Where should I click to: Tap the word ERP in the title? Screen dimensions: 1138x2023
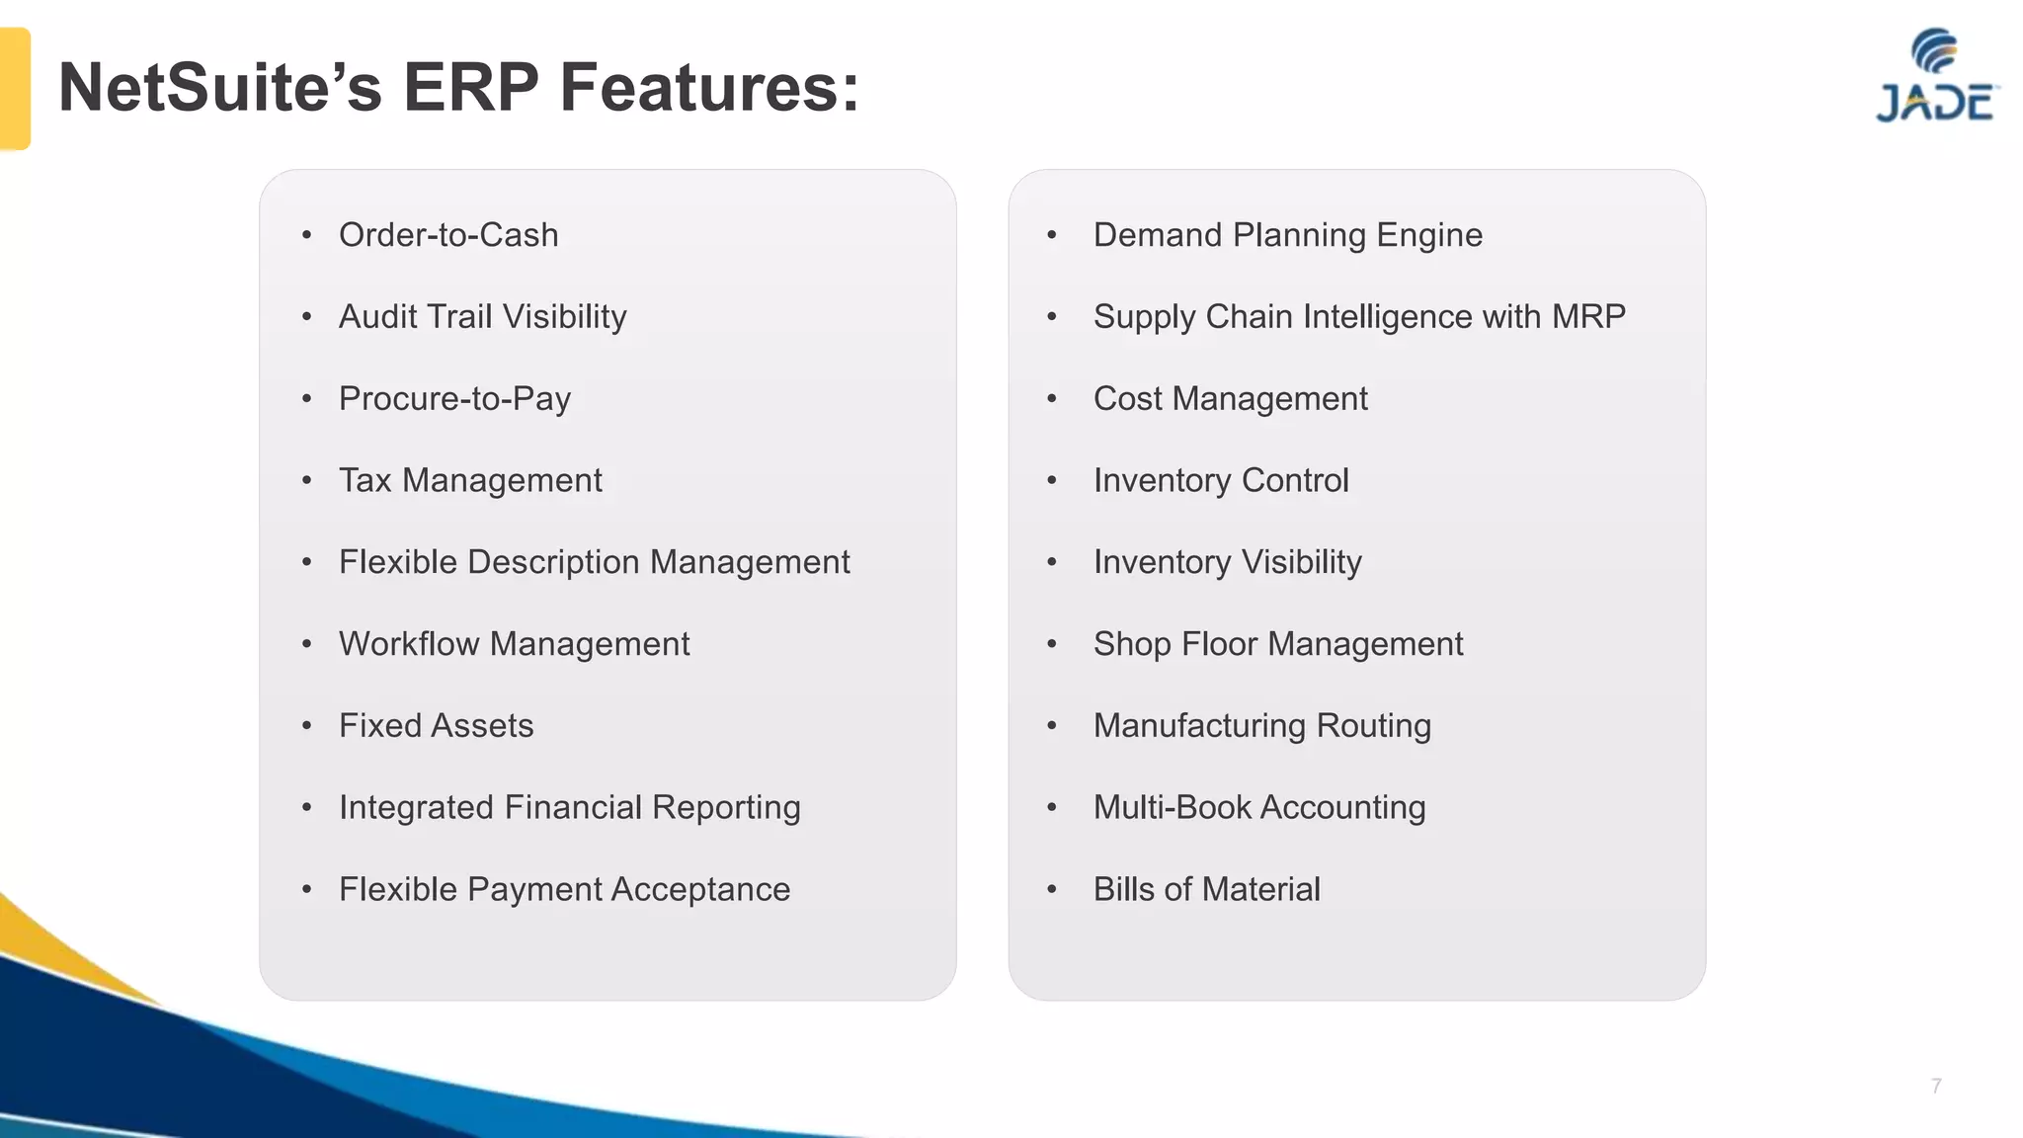[x=470, y=88]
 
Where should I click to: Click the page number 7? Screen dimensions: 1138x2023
[x=1936, y=1086]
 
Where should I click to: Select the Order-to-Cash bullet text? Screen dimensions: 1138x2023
[x=448, y=235]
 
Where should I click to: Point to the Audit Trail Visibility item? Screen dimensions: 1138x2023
[x=482, y=317]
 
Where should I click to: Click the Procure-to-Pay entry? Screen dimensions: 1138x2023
[x=454, y=399]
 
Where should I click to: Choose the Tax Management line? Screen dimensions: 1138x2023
[x=470, y=481]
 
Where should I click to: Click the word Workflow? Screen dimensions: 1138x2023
[x=409, y=644]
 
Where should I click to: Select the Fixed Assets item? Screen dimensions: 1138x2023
[x=436, y=726]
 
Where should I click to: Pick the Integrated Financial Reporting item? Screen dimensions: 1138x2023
[x=569, y=808]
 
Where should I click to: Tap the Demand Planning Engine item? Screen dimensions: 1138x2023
[x=1287, y=235]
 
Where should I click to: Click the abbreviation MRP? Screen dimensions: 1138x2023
[x=1588, y=317]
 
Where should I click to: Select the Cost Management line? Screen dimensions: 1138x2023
[x=1230, y=399]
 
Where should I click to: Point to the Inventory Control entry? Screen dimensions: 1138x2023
[x=1221, y=481]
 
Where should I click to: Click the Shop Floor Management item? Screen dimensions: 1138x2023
[x=1277, y=644]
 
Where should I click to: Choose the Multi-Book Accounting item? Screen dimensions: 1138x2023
[x=1259, y=808]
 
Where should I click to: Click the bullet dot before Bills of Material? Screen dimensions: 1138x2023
[x=1052, y=890]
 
